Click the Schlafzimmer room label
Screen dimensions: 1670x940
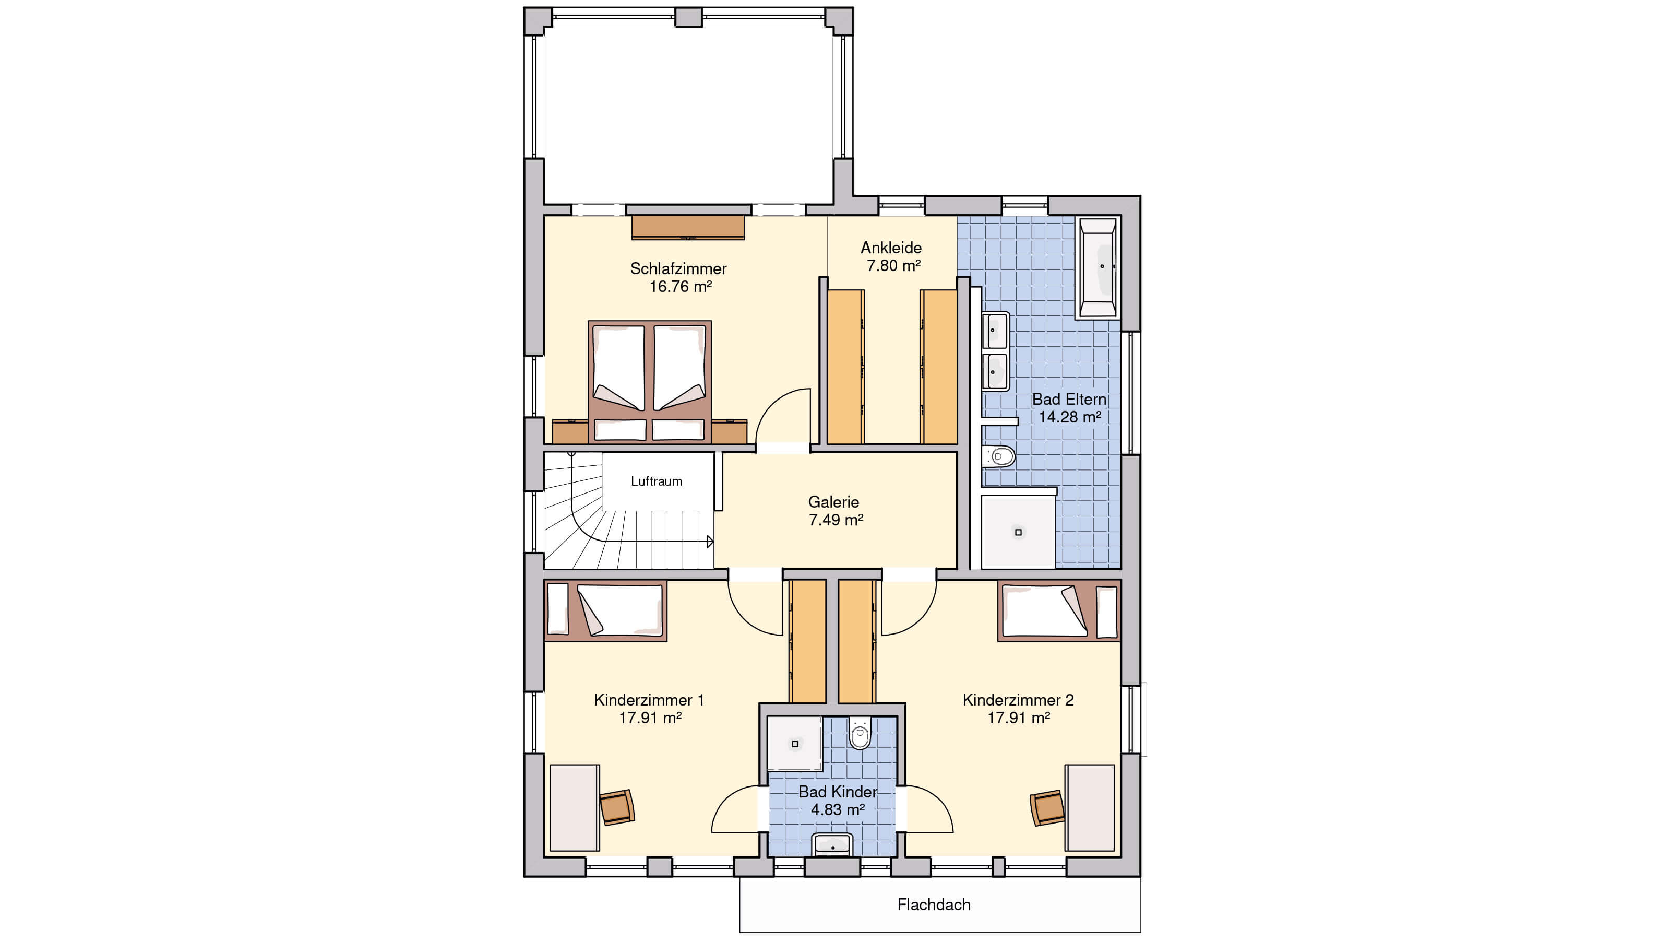(x=678, y=268)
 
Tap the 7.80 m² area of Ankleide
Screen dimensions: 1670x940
(x=893, y=265)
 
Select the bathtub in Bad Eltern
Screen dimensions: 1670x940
(x=1098, y=267)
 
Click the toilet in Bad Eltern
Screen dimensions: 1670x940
(x=999, y=456)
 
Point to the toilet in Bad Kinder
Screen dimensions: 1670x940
(x=860, y=733)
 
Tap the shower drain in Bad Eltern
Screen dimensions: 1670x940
(x=1018, y=532)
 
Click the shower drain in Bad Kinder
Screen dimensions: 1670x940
(x=795, y=744)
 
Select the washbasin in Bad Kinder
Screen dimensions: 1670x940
(x=832, y=844)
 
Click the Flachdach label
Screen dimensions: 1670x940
(x=934, y=905)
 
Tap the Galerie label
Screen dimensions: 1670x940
(x=834, y=501)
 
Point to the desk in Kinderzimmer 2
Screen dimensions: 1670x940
(x=1090, y=808)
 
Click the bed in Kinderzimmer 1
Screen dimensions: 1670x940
(x=605, y=610)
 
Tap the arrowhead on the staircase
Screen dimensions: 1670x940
(x=710, y=542)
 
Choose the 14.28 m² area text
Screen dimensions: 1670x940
(x=1070, y=417)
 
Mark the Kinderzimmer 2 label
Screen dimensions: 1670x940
(x=1018, y=700)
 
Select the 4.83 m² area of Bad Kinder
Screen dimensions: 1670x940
(x=838, y=809)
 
